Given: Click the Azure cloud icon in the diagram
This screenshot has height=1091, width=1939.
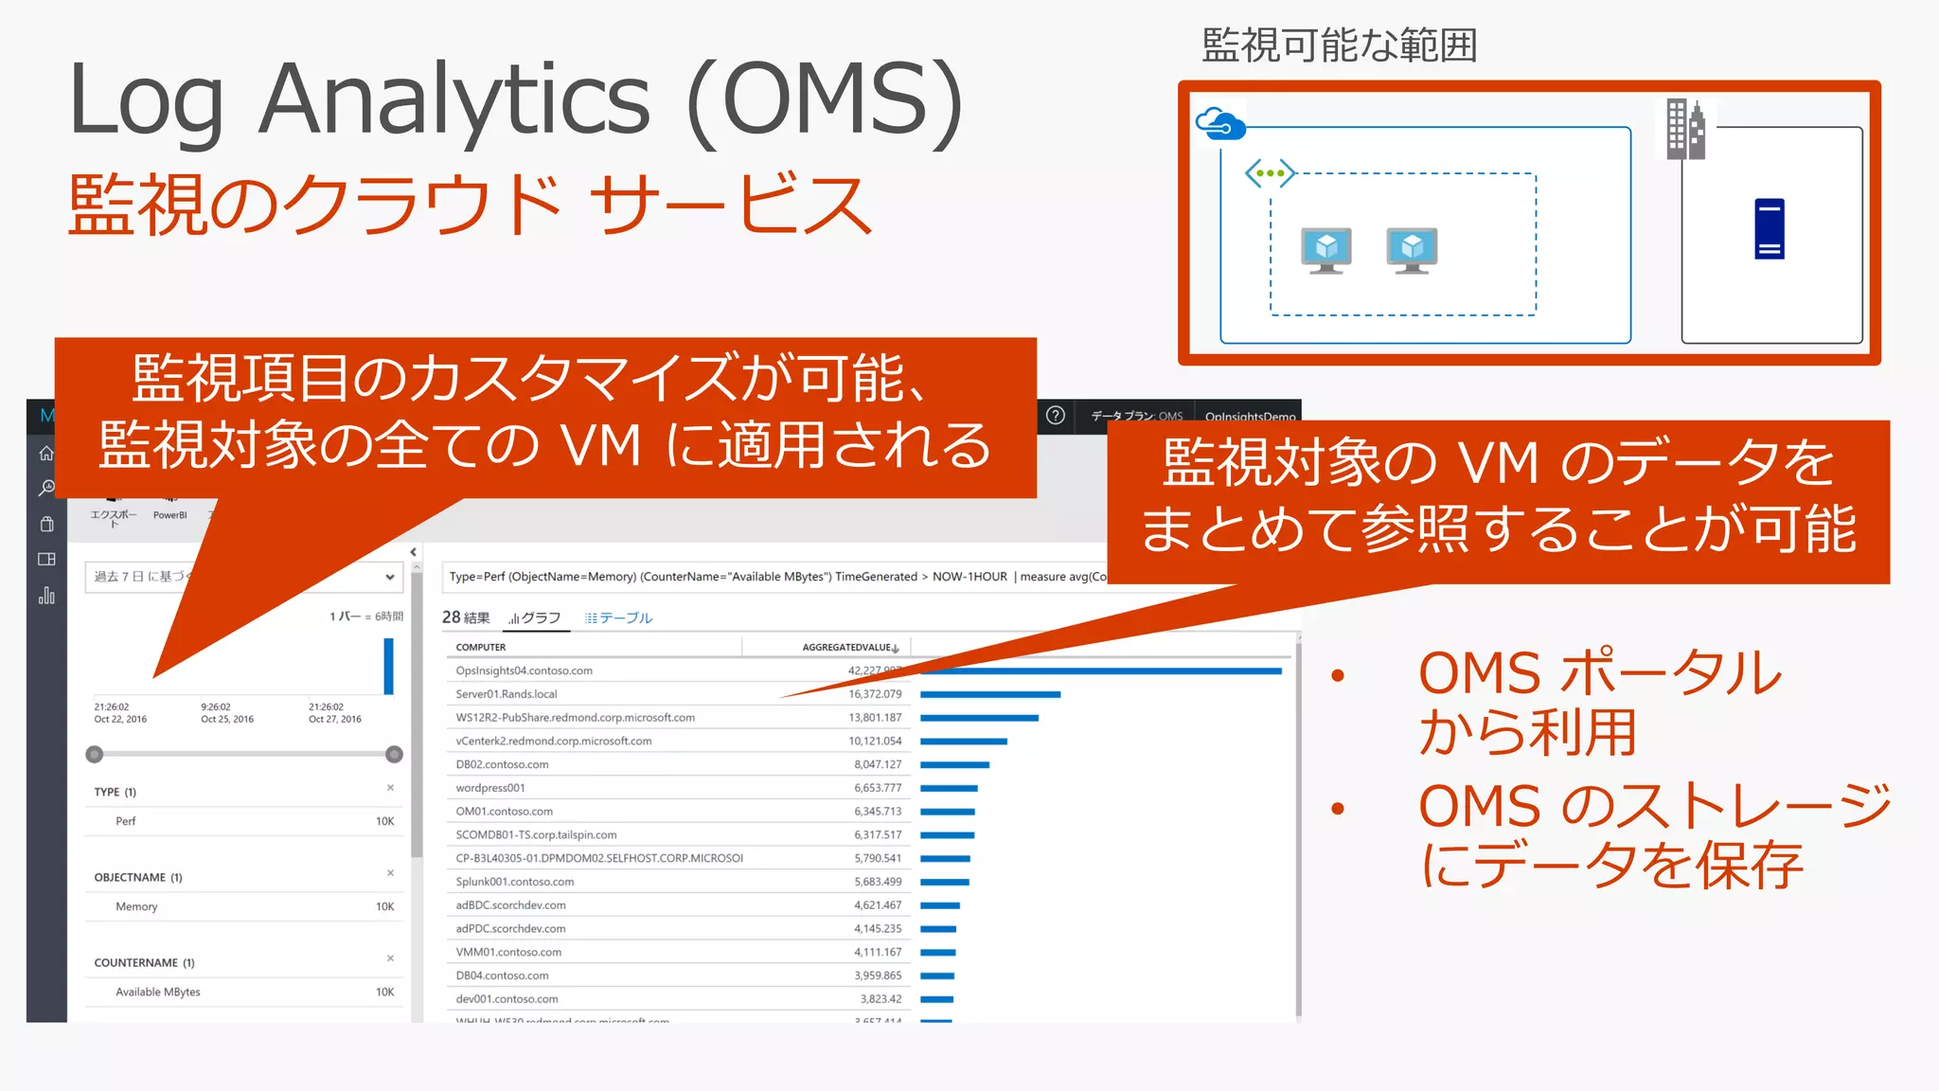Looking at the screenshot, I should coord(1219,124).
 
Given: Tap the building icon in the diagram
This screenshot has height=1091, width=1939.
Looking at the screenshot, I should coord(1685,130).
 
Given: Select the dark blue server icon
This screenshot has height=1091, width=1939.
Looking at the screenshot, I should coord(1769,228).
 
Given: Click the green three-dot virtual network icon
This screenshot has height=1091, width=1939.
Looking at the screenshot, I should coord(1270,173).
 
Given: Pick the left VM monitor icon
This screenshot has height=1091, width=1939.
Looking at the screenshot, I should coord(1326,250).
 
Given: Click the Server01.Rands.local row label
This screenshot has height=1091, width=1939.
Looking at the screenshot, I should coord(507,694).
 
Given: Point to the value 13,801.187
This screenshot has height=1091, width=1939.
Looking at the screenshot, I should coord(875,718).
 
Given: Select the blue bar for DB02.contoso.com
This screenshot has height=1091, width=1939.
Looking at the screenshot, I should coord(954,764).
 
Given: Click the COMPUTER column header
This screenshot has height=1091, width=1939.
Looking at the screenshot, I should coord(481,648).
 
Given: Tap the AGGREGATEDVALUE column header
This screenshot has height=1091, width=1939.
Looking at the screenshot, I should coord(848,648).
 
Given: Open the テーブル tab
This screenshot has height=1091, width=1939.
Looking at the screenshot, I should coord(619,618).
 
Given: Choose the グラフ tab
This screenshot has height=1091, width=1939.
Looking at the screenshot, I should coord(536,618).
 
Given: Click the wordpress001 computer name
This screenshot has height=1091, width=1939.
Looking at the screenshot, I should coord(490,788).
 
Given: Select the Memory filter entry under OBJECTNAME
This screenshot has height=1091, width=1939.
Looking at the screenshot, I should coord(136,907).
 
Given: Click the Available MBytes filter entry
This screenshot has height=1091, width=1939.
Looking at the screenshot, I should coord(158,993).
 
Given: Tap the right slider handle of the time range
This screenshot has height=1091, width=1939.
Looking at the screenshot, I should coord(395,755).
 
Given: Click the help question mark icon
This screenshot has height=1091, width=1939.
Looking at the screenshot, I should coord(1056,416).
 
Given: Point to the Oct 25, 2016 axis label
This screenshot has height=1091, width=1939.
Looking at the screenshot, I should coord(227,720).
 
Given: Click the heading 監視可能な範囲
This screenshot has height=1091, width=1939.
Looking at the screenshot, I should coord(1339,45).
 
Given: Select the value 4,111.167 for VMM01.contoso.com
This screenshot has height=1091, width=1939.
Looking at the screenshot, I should coord(878,953).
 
